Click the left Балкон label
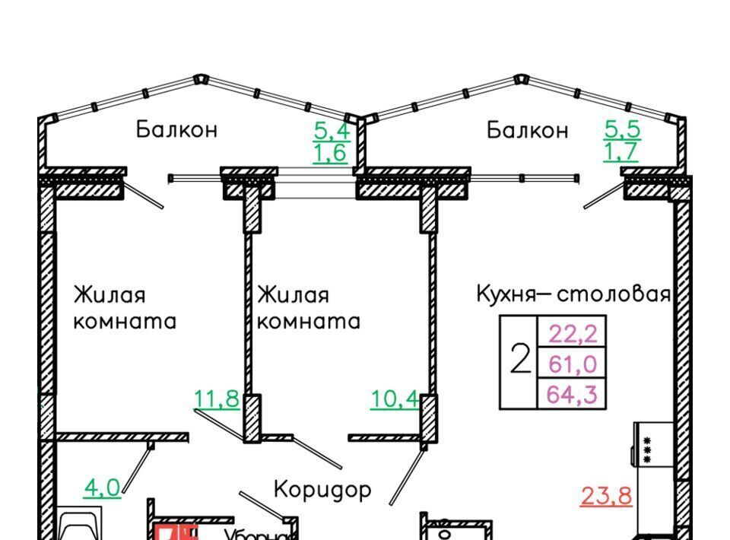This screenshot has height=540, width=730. click(x=176, y=129)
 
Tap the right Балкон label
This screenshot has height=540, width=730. click(x=527, y=131)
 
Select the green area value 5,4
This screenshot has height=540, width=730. click(x=332, y=129)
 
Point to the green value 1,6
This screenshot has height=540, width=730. click(x=330, y=153)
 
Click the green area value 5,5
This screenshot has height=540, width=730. click(x=622, y=129)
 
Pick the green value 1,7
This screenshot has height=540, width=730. click(x=621, y=152)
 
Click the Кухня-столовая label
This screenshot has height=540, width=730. click(x=573, y=294)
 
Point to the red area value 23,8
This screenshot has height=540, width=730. click(x=606, y=496)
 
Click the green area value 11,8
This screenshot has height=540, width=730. click(x=217, y=398)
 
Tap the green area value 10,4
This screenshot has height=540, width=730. click(x=394, y=398)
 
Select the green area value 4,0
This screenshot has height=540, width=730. click(x=101, y=487)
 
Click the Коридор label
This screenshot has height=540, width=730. click(x=322, y=489)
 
